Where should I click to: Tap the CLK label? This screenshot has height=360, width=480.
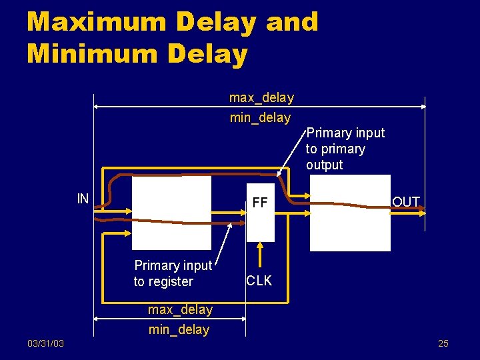(x=259, y=281)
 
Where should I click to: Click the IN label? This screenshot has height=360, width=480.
(x=83, y=198)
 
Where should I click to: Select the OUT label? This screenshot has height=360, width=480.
(x=406, y=201)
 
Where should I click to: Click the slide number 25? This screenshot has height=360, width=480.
(x=443, y=343)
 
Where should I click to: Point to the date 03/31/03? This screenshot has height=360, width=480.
(x=46, y=343)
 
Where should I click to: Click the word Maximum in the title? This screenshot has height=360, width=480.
(x=96, y=22)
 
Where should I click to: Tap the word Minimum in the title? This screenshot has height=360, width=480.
(x=93, y=53)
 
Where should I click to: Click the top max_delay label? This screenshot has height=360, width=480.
(x=261, y=98)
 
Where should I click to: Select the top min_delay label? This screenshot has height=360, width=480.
(x=260, y=118)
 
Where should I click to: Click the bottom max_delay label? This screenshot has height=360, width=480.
(x=180, y=310)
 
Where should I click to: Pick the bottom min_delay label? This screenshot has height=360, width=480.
(x=179, y=329)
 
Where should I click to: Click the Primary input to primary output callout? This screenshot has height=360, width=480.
(x=345, y=149)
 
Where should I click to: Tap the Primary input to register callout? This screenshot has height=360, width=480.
(x=173, y=273)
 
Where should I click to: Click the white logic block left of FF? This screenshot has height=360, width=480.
(x=171, y=212)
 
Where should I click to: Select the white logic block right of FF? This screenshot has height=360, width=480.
(x=350, y=213)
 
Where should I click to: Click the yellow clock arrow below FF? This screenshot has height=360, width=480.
(x=260, y=255)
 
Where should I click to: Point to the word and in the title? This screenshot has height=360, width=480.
(x=291, y=22)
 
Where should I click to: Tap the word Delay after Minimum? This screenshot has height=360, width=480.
(x=207, y=53)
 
